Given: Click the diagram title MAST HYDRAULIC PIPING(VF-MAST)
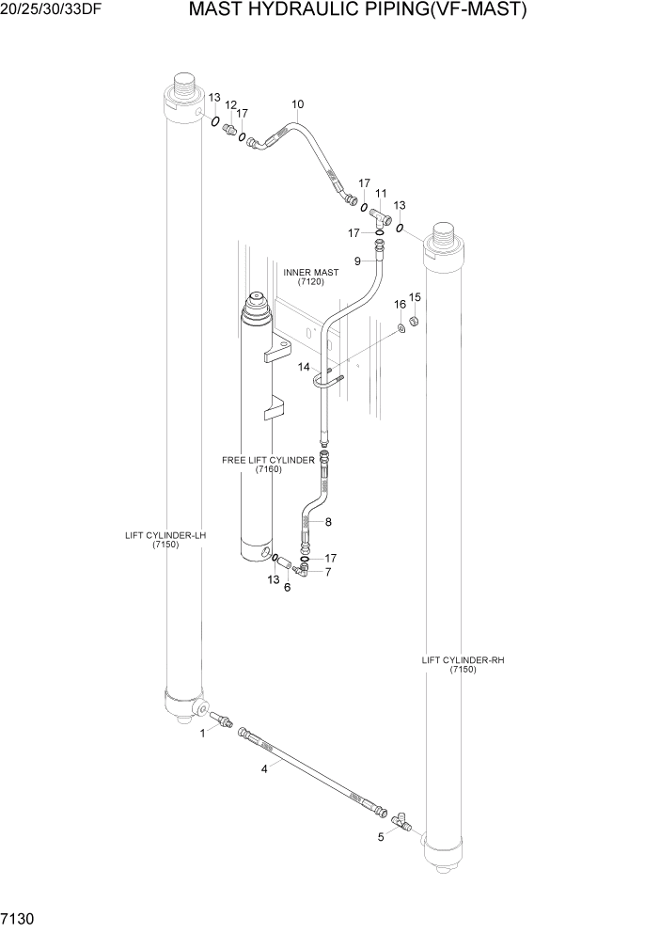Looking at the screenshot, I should pos(357,11).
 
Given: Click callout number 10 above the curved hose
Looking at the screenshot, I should pos(297,104).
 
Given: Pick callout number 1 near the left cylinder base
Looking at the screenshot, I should pos(201,735).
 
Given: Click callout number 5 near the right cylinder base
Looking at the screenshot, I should pos(381,836).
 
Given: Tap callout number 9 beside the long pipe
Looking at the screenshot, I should pos(357,261).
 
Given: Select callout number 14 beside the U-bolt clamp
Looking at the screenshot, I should pos(304,367).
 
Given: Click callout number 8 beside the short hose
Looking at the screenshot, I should pos(328,522).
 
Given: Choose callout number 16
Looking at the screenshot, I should pos(400,305).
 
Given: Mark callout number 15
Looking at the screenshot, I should pos(415,298).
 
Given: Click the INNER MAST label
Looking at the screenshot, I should pos(311,277).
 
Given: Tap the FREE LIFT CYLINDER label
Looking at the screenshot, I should pos(268,465).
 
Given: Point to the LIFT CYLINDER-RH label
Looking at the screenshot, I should pos(463,665).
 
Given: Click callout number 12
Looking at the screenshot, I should pos(230,104).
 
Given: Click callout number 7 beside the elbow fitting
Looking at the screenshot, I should pos(328,572).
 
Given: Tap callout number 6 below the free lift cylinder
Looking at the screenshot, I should pos(287,589).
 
